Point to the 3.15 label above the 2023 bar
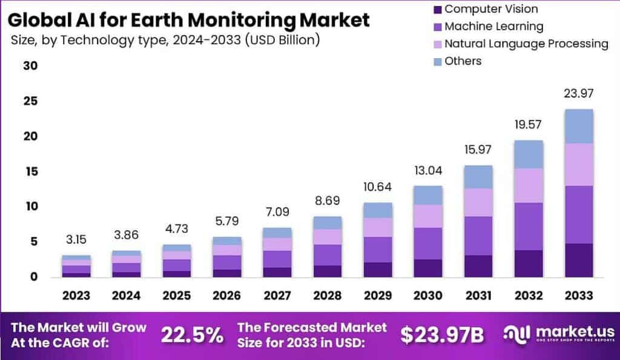(76, 240)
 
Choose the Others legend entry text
(463, 61)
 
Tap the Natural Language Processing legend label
(526, 44)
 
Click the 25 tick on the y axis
(30, 100)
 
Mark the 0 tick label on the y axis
(34, 277)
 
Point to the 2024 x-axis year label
(126, 295)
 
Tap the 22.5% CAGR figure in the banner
(192, 335)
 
